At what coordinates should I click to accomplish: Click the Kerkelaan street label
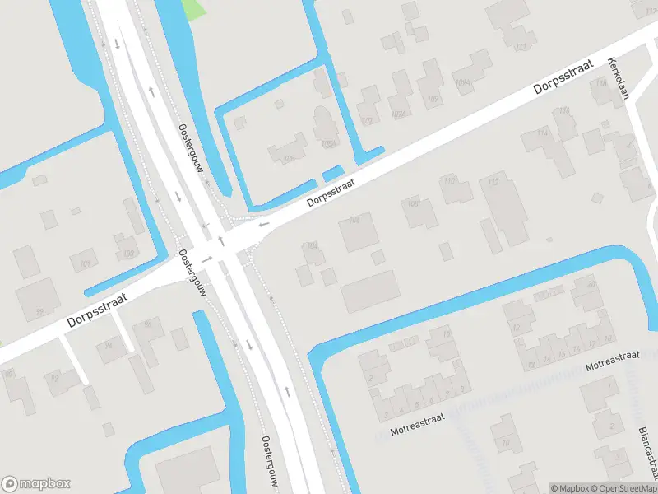click(618, 79)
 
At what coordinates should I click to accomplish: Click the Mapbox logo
click(36, 484)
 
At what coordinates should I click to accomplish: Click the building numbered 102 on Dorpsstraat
click(359, 231)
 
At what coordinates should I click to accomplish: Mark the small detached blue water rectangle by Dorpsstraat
click(332, 174)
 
